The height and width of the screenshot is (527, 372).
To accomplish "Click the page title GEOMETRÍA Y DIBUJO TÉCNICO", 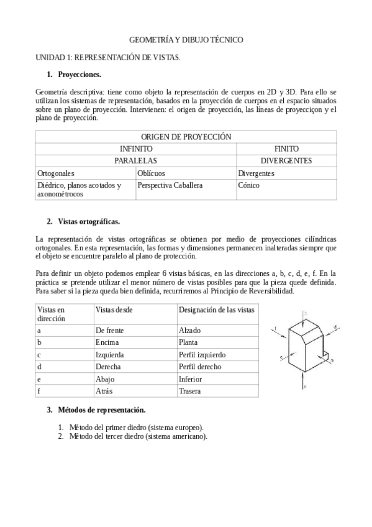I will [x=186, y=40].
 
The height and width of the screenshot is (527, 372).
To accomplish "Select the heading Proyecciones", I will [x=79, y=75].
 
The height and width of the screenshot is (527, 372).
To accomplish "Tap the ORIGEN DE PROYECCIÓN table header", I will [x=186, y=137].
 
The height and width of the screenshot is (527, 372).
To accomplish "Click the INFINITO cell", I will [x=135, y=149].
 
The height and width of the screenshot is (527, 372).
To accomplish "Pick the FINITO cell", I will [x=286, y=149].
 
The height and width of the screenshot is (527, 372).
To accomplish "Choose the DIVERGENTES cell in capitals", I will [x=286, y=161].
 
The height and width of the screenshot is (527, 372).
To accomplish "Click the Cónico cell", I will [x=249, y=185].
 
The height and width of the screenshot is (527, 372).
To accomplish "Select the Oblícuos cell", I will [x=151, y=173].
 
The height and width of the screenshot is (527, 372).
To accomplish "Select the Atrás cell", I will [x=104, y=391].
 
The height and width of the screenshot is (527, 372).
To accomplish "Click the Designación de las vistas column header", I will [x=216, y=309].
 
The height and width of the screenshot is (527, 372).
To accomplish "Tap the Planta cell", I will [x=189, y=342].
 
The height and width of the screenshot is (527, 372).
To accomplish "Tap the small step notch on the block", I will [x=327, y=357].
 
